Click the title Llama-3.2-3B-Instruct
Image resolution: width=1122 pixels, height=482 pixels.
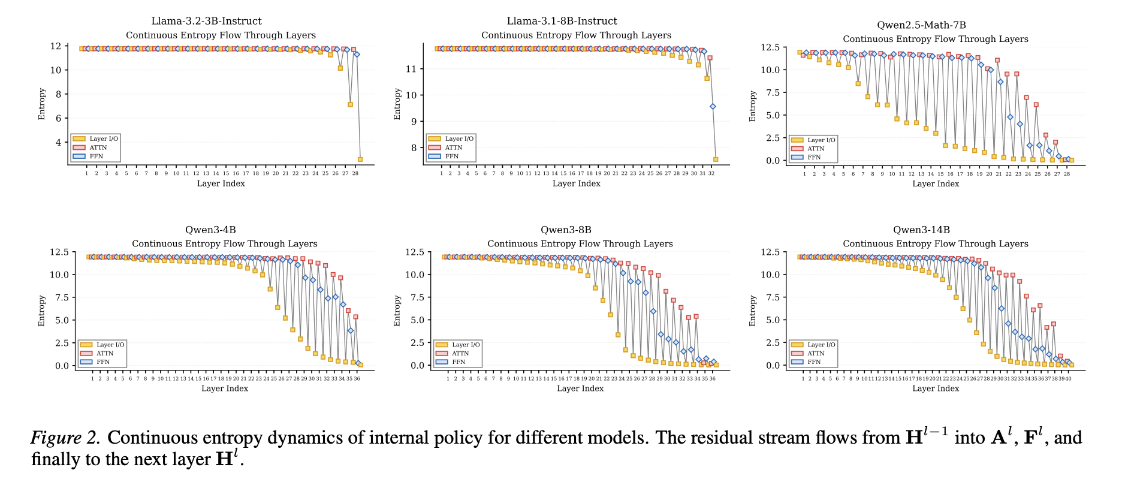click(x=206, y=21)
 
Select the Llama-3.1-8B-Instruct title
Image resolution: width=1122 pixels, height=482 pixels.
click(x=562, y=21)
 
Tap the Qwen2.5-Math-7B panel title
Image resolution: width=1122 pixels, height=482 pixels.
click(x=921, y=25)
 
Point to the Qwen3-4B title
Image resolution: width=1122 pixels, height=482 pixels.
click(x=210, y=230)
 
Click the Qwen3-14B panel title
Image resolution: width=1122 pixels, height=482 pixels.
click(x=921, y=230)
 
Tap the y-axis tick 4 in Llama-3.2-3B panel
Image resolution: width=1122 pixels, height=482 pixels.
click(x=58, y=143)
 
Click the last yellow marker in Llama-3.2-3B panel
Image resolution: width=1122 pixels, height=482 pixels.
click(x=360, y=159)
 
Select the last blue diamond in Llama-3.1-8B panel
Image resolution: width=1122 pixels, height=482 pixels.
click(x=713, y=107)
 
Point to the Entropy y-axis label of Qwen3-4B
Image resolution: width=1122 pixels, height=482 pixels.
click(x=42, y=311)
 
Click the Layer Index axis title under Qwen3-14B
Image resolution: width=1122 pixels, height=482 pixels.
click(x=936, y=388)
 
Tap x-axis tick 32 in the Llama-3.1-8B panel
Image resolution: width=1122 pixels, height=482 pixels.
click(x=711, y=173)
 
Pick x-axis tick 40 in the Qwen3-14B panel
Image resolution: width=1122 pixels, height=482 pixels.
click(x=1068, y=379)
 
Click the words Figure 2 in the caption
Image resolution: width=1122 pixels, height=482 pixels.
click(x=65, y=438)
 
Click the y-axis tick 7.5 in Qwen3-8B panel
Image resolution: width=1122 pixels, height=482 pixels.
click(x=415, y=298)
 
